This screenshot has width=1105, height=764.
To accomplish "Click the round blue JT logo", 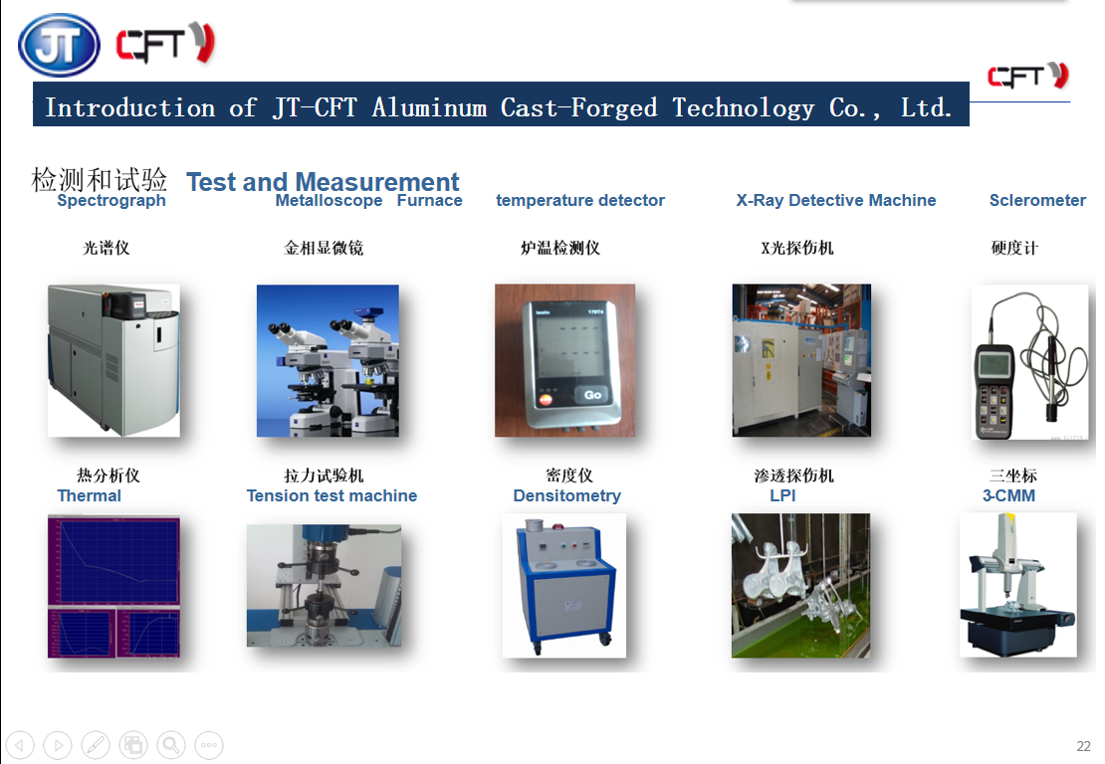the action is tap(59, 45).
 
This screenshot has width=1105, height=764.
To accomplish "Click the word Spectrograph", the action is tap(111, 201).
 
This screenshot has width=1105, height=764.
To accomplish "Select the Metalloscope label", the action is tap(329, 201).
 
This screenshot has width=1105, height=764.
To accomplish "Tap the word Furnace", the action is tap(430, 201).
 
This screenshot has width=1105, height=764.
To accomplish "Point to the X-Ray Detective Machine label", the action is tap(836, 200).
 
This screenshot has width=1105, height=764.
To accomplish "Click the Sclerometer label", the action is tap(1037, 200).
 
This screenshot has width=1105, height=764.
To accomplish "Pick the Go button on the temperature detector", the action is tap(592, 395).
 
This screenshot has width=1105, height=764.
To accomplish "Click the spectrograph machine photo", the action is tap(113, 360).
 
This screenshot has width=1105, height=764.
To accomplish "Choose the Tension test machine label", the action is tap(331, 495).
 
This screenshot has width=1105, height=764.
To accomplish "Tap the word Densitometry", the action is tap(567, 495).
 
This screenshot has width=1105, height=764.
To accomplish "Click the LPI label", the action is tap(782, 495).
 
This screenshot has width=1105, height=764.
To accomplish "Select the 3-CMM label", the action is tap(1009, 495).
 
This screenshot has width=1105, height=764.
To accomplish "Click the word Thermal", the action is tap(90, 495).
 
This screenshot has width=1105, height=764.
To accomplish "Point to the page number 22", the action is tap(1084, 746).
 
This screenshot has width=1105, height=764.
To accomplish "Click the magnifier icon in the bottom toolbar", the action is tap(171, 745).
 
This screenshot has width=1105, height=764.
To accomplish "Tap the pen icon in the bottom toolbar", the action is tap(96, 745).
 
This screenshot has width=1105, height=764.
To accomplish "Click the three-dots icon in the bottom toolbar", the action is tap(209, 745).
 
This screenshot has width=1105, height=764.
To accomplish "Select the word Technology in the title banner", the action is tap(743, 107).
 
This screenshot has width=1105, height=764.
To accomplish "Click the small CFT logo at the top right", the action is tap(1028, 76).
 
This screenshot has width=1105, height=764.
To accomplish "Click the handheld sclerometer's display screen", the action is tap(994, 364).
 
